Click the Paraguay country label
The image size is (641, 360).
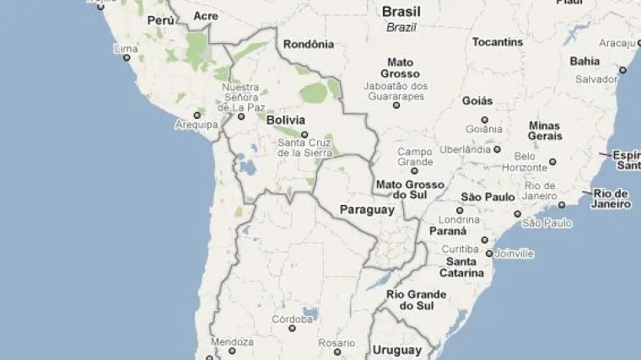coord(367,209)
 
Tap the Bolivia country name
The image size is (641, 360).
coord(285,121)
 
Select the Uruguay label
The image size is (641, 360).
coord(396,350)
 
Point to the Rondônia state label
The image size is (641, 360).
coord(309,44)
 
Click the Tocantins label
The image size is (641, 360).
coord(498,41)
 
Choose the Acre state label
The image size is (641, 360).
coord(205,16)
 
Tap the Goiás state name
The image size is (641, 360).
coord(477,101)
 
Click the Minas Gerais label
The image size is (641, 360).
coord(544,131)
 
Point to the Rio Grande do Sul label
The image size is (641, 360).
coord(416,300)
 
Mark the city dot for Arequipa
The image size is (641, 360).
coord(197,115)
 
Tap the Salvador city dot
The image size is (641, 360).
coord(622,70)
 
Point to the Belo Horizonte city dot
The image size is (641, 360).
coord(552,161)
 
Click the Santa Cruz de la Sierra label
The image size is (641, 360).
coord(305,148)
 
